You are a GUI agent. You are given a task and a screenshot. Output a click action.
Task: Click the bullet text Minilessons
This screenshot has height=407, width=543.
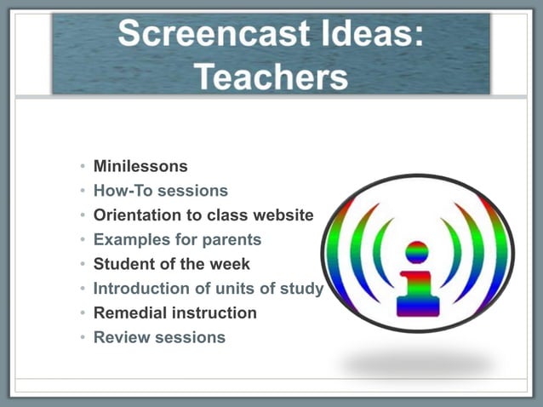tap(140, 166)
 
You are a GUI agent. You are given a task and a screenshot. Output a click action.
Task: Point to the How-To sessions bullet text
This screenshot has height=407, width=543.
tap(161, 191)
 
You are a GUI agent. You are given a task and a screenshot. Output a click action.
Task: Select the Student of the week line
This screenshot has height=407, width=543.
tap(172, 264)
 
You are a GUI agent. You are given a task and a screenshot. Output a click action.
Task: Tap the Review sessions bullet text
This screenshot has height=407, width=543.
tap(159, 337)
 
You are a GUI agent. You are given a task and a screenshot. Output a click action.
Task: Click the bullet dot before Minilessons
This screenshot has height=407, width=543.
tap(83, 167)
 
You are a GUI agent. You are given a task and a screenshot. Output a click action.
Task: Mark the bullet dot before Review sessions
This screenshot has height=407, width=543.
tap(83, 338)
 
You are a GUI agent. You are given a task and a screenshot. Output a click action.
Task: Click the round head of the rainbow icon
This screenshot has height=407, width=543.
tap(417, 252)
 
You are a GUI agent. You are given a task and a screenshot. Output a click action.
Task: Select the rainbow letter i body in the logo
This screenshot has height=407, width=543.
tap(418, 294)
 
